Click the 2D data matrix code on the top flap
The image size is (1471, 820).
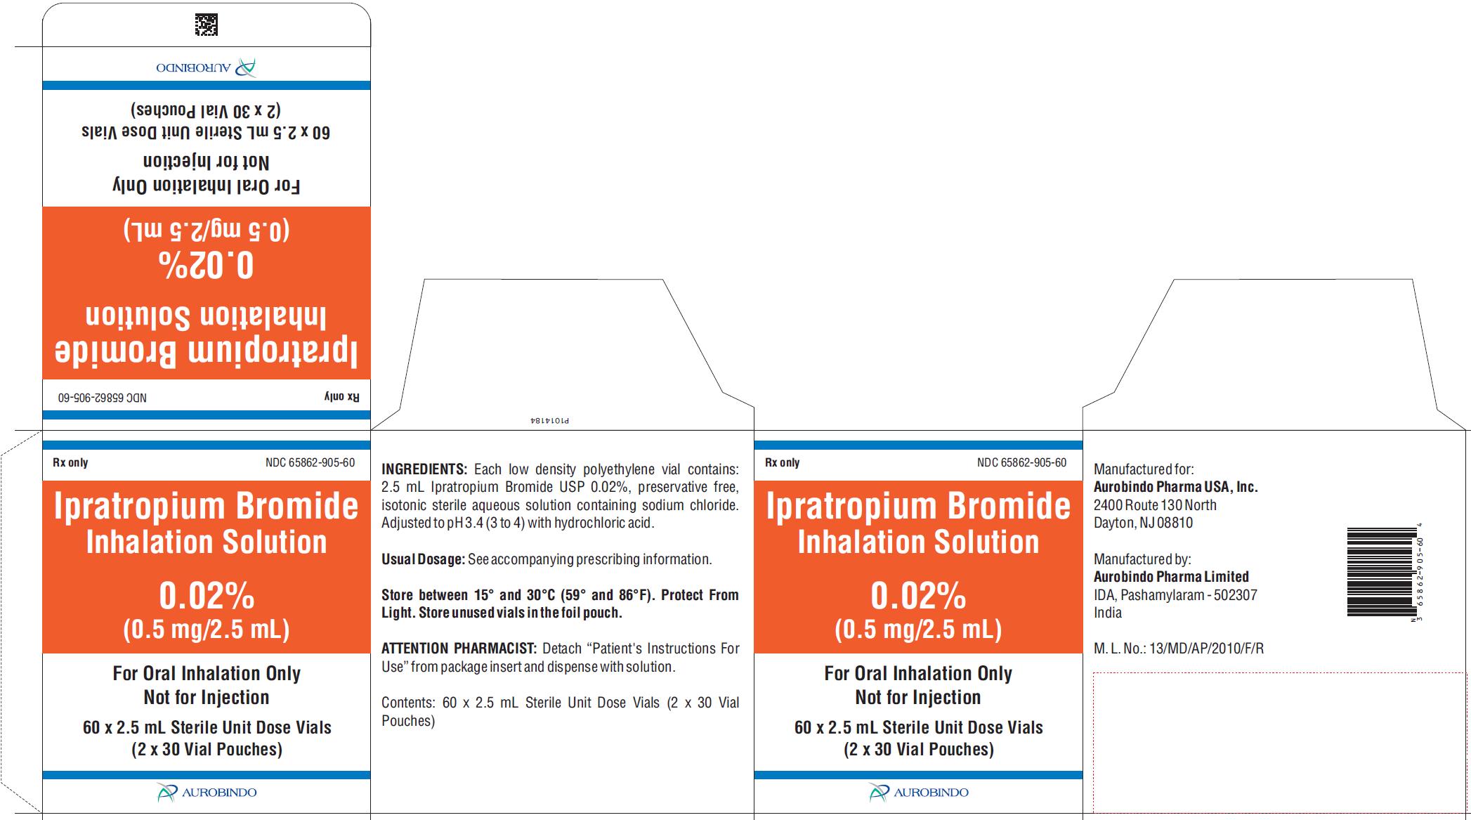tap(206, 25)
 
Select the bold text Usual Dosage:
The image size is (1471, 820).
tap(423, 559)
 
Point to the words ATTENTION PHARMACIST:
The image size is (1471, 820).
tap(459, 648)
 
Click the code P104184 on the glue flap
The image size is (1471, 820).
tap(549, 420)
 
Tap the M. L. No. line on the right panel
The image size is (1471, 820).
tap(1179, 649)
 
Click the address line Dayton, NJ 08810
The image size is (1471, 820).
tap(1143, 523)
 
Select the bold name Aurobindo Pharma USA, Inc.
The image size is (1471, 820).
tap(1176, 486)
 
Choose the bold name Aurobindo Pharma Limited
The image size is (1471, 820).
tap(1171, 576)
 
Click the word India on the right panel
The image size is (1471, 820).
tap(1108, 613)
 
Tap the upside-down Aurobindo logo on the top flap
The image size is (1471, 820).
tap(206, 67)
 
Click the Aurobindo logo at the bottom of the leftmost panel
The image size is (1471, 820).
tap(207, 792)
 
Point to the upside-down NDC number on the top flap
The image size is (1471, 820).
tap(103, 397)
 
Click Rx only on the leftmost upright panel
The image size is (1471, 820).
tap(70, 462)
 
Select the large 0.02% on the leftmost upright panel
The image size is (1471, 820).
tap(207, 596)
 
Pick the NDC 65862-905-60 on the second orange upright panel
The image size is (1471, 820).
tap(1021, 462)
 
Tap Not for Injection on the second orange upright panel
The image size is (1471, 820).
tap(918, 697)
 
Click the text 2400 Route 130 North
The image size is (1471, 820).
tap(1155, 505)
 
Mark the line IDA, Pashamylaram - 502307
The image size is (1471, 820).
tap(1175, 595)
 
